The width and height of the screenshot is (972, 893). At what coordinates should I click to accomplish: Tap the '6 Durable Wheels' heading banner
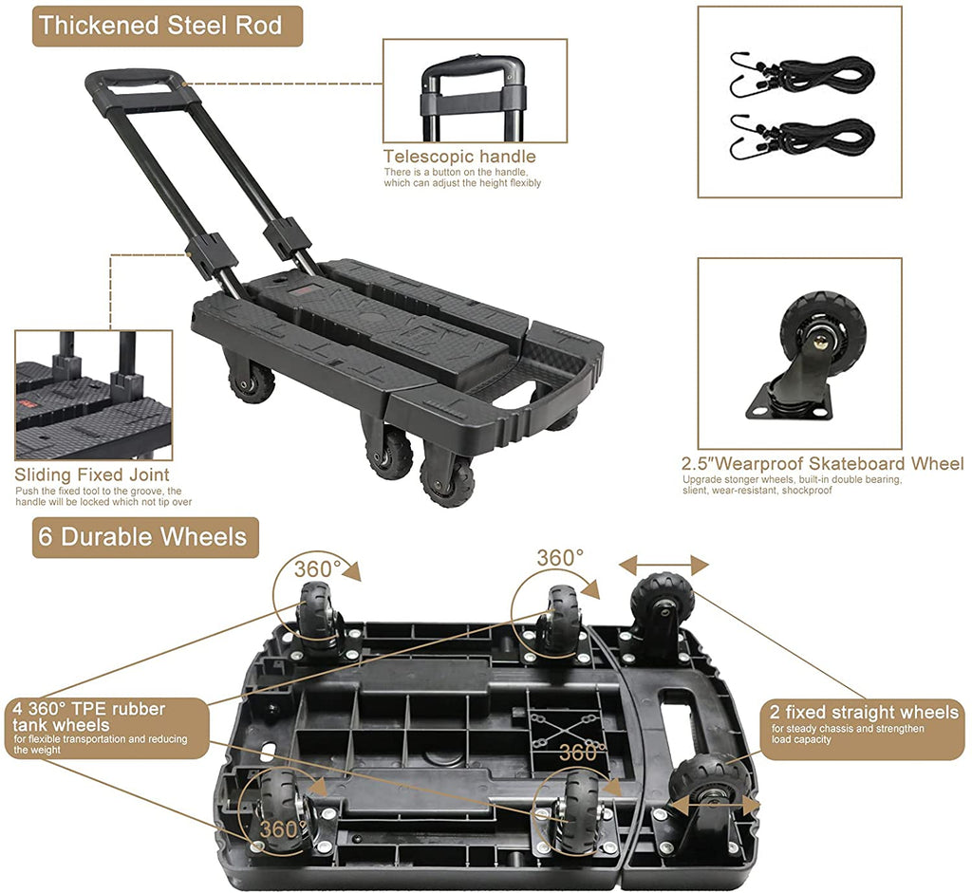click(x=141, y=536)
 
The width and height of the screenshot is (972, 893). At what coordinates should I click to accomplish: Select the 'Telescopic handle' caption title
click(x=459, y=157)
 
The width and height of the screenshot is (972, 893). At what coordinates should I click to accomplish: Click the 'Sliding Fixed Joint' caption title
click(x=92, y=474)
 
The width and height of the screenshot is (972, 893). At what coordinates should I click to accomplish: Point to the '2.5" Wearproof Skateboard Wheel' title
click(x=822, y=464)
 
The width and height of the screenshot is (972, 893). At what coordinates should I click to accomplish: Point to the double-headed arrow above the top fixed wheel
click(x=664, y=566)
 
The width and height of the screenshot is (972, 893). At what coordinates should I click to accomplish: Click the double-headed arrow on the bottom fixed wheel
click(x=713, y=806)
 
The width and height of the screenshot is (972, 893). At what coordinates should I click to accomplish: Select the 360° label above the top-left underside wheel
click(x=316, y=568)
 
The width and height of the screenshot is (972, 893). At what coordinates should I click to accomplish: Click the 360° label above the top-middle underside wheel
click(x=560, y=558)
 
